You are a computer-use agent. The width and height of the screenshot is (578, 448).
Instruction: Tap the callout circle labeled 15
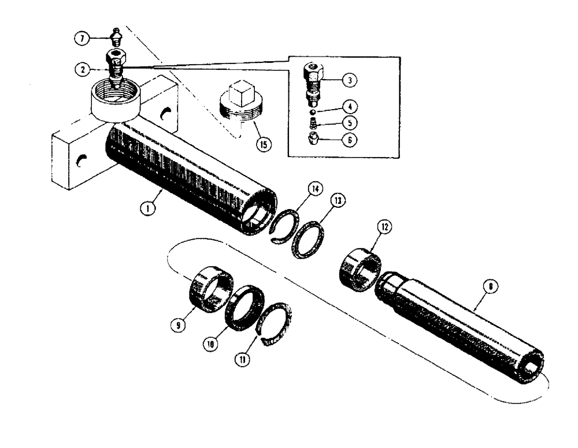263,144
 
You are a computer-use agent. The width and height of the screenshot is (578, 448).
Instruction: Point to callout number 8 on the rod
490,287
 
